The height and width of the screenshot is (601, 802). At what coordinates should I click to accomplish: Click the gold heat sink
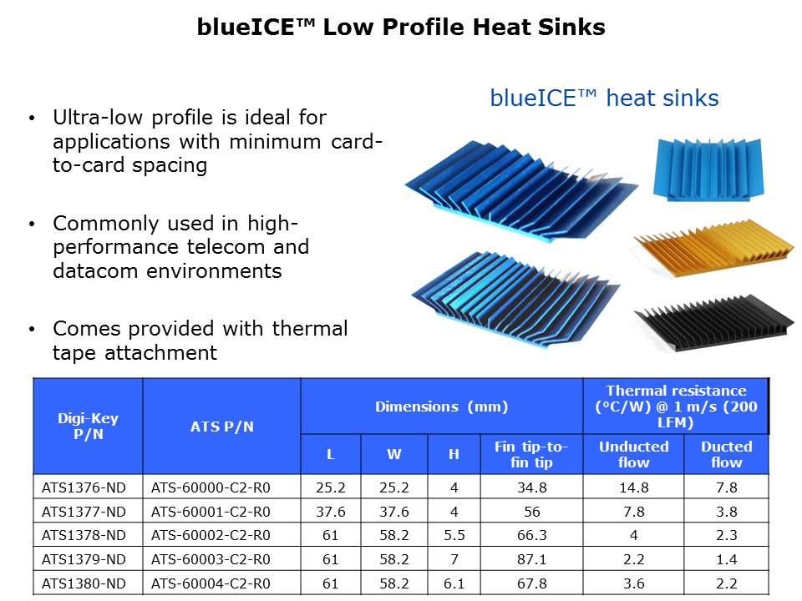713,249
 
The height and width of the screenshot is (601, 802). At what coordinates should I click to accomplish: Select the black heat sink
713,323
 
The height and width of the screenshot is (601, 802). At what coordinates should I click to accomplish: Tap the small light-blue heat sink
709,169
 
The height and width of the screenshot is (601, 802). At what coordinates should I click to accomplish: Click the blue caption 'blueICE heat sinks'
604,98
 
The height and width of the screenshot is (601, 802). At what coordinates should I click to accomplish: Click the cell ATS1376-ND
84,487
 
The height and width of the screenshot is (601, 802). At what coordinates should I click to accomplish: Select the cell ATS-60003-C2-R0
211,559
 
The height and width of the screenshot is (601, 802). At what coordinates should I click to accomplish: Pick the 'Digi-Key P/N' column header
88,427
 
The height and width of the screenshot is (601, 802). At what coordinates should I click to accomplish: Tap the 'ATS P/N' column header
222,427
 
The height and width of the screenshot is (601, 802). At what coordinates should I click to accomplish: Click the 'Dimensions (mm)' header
441,407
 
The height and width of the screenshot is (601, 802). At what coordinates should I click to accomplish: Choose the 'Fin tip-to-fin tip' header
531,454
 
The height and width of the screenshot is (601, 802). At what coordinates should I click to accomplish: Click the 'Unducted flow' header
634,454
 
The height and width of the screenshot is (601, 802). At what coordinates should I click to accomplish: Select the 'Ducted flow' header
726,454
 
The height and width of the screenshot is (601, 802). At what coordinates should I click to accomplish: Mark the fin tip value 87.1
532,559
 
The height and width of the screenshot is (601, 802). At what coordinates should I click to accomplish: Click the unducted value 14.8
634,487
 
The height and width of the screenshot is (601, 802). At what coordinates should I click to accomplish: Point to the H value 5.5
454,536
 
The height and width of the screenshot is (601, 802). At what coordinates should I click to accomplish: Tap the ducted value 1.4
726,559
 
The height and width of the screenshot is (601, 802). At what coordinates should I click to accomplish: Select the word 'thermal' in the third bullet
310,329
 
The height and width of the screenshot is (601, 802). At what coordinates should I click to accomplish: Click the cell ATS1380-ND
84,583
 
